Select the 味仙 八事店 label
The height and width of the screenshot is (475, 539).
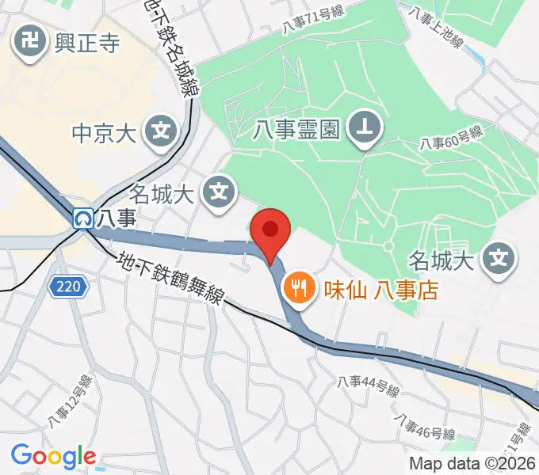(380, 290)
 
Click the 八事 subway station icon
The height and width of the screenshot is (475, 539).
(82, 218)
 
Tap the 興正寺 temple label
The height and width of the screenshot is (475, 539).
(87, 42)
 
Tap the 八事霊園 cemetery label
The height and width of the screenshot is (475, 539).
(297, 128)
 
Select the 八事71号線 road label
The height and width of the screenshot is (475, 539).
(313, 21)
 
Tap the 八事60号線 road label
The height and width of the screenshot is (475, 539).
(451, 140)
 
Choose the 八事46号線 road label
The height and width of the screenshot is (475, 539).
(425, 428)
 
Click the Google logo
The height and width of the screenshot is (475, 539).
(52, 456)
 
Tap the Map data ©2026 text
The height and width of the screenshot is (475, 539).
(472, 464)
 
